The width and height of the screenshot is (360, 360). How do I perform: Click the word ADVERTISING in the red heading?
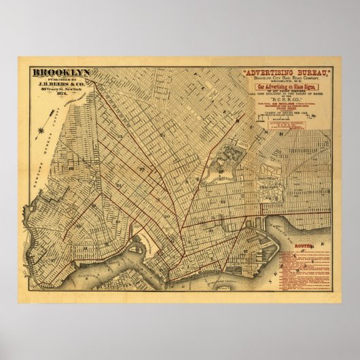pyautogui.click(x=262, y=71)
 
